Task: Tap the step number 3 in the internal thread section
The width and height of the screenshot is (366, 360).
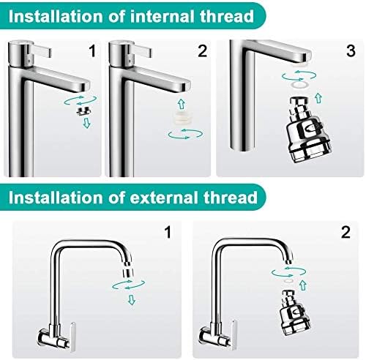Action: tap(351, 50)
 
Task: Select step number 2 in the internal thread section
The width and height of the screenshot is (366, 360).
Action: tap(202, 51)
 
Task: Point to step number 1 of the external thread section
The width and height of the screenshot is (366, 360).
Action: tap(168, 232)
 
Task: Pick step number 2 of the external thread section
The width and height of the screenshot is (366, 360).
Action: tap(346, 232)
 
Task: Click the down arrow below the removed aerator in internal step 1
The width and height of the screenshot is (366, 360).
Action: tap(86, 123)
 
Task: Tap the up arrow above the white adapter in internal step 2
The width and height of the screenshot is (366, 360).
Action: tap(181, 104)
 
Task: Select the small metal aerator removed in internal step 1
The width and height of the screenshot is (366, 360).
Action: tap(83, 111)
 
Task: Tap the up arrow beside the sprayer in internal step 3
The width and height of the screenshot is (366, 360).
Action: tap(318, 98)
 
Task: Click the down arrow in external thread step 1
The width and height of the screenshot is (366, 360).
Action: tap(132, 300)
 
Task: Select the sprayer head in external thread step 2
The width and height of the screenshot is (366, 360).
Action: tap(295, 312)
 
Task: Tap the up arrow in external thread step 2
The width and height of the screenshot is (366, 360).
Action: tap(303, 285)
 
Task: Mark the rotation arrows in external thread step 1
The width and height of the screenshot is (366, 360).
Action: tap(128, 285)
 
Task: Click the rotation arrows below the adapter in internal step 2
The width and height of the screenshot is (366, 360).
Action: tap(185, 134)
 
